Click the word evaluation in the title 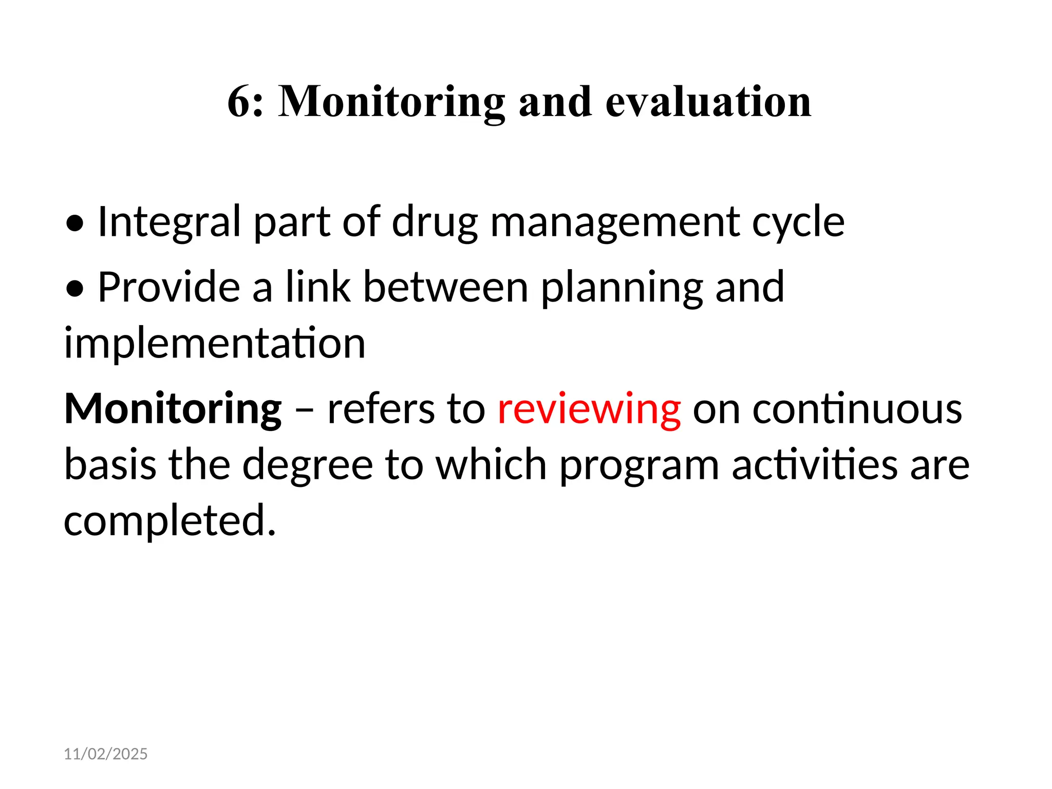coord(708,102)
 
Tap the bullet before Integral coord(75,223)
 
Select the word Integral coord(169,222)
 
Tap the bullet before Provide coord(75,289)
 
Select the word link coord(317,288)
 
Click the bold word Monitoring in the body coord(173,410)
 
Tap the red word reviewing coord(589,410)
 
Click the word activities coord(814,465)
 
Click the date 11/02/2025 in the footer coord(105,754)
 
